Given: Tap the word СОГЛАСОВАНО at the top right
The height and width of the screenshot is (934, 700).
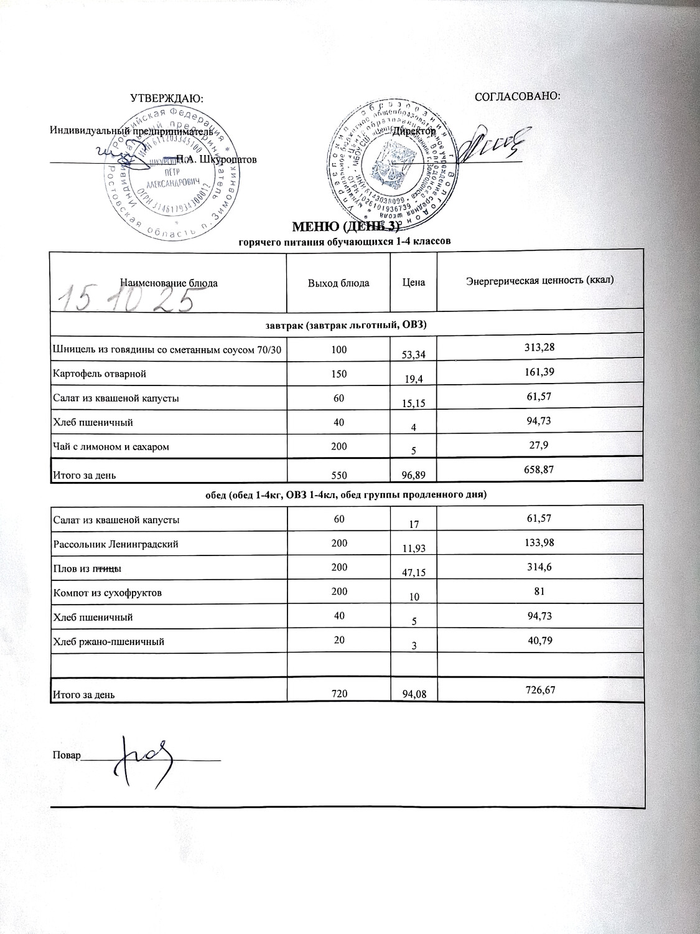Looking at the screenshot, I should (518, 97).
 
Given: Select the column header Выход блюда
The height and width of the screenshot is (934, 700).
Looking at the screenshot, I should (338, 283).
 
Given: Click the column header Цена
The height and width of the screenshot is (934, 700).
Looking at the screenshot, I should (413, 283).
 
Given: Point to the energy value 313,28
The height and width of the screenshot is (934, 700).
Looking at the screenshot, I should (539, 347).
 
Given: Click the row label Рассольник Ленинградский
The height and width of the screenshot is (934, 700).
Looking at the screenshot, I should (116, 544).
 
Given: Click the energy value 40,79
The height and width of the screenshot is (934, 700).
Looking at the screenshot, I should (539, 640).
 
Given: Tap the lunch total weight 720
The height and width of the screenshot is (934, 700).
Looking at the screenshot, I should (338, 692).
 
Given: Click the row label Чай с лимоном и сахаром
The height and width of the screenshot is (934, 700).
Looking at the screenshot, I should (111, 446).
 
